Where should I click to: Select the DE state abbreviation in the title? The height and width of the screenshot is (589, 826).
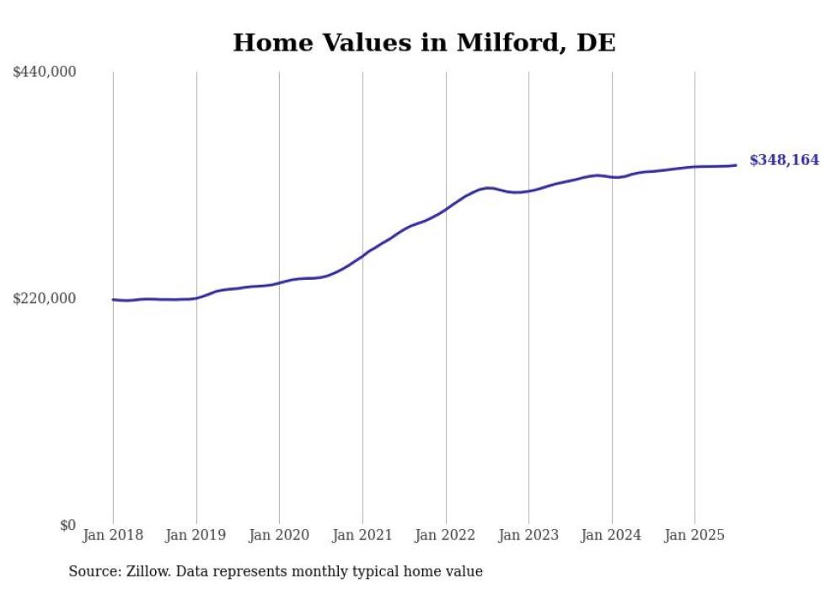596,43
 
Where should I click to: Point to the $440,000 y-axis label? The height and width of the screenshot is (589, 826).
45,72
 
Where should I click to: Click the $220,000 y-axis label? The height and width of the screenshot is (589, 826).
45,298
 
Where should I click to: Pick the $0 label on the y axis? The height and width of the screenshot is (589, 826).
67,525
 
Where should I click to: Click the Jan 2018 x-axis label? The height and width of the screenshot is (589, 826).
113,535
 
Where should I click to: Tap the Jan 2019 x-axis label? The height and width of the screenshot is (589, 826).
196,535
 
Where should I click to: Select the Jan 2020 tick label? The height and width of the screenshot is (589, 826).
279,535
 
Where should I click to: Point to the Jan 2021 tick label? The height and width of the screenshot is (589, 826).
362,535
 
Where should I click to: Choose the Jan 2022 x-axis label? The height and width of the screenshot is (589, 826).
446,535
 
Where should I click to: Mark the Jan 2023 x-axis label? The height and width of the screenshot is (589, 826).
528,535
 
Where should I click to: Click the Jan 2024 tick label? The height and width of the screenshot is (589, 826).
612,535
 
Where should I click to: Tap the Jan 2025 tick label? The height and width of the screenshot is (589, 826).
695,535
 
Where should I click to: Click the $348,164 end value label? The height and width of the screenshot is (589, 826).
784,160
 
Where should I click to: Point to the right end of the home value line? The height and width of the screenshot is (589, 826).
736,165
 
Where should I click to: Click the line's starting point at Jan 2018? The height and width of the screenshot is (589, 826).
113,299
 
